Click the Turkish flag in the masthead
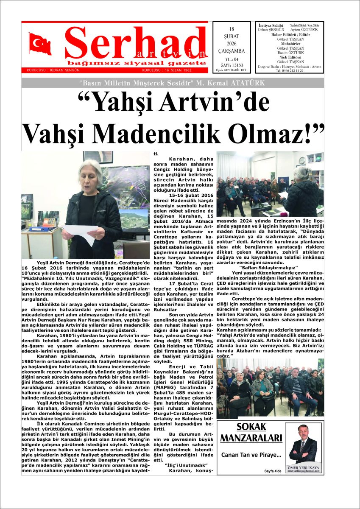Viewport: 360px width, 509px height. point(40,44)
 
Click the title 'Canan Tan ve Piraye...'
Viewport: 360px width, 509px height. point(251,455)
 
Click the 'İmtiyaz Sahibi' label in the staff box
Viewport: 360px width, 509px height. point(271,26)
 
